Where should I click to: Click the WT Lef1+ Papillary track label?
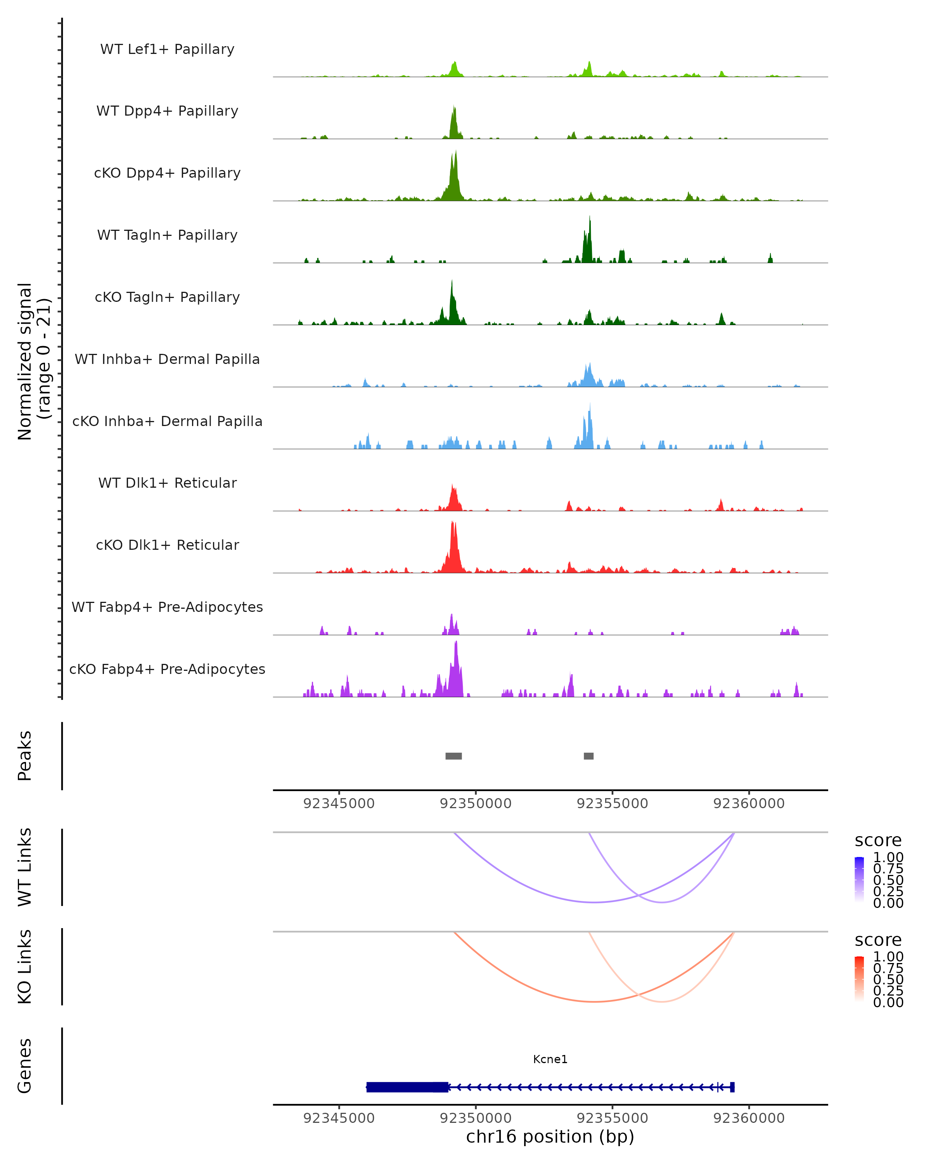(x=167, y=49)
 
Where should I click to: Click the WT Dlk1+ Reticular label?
(x=167, y=483)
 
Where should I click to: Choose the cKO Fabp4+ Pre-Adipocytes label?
(x=167, y=669)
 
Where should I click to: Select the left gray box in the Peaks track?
(x=453, y=756)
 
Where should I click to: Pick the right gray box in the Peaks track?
(x=589, y=756)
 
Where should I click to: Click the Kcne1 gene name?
(x=550, y=1059)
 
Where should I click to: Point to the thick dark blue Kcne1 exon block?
(x=407, y=1087)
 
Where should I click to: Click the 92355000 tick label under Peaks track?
(x=612, y=804)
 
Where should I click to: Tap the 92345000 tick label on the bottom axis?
(x=339, y=1118)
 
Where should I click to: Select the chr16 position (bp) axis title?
(x=550, y=1136)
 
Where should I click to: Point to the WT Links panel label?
(x=25, y=867)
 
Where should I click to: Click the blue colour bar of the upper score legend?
(x=859, y=879)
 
